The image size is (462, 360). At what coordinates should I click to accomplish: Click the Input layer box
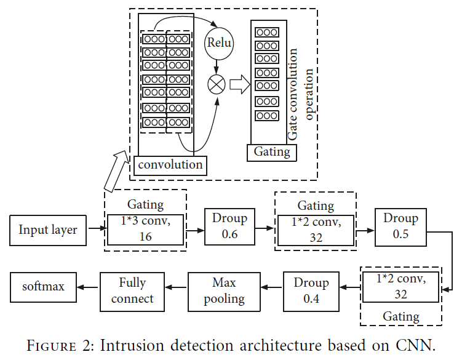(48, 230)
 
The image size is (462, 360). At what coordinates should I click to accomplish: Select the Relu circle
(218, 43)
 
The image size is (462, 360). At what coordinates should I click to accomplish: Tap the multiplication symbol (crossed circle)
(217, 85)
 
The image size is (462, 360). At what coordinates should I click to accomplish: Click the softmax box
(43, 287)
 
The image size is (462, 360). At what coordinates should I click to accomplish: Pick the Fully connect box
(132, 292)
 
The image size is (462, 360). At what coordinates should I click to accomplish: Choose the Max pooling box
(224, 292)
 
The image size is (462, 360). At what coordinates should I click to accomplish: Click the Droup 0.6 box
(230, 226)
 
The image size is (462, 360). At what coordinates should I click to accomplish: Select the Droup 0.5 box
(400, 227)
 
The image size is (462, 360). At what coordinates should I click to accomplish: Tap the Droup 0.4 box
(311, 292)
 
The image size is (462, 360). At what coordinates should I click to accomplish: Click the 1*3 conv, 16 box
(146, 230)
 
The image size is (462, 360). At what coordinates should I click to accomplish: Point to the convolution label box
(170, 166)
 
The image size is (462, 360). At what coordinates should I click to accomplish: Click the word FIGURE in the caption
(51, 346)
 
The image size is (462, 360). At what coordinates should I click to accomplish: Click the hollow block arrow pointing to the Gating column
(240, 84)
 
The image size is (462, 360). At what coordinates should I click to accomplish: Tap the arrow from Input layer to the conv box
(98, 228)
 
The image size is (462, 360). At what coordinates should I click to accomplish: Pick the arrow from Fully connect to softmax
(87, 287)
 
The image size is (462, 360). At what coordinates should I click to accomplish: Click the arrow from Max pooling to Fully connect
(176, 287)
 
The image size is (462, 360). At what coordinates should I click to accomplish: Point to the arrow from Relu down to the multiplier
(217, 67)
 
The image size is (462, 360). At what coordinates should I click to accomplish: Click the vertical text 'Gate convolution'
(292, 94)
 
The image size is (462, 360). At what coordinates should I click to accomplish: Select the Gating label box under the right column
(272, 153)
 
